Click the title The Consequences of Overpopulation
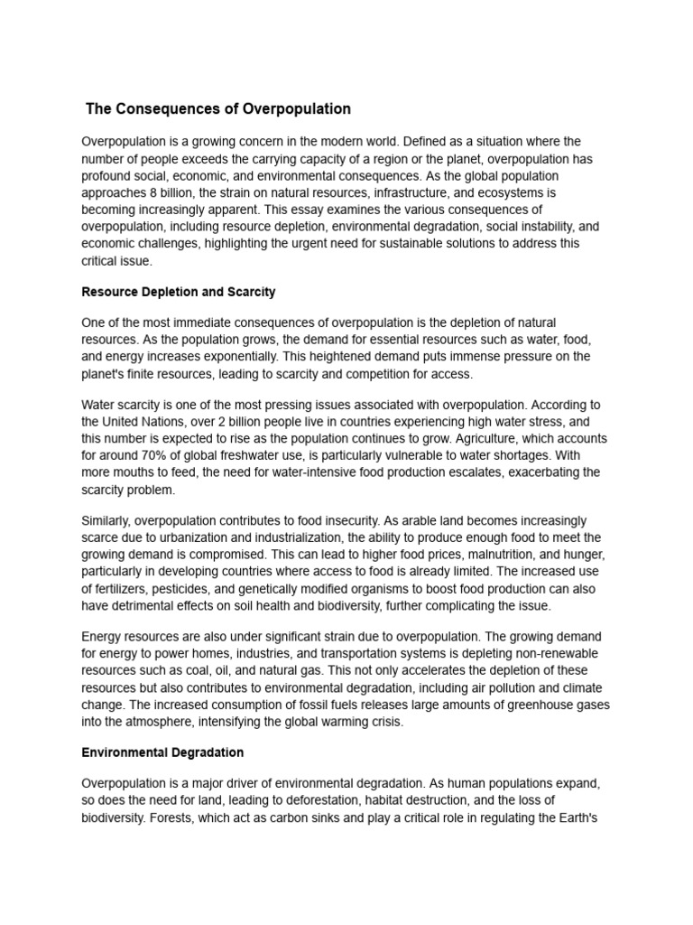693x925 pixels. click(x=217, y=109)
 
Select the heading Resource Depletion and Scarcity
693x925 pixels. click(x=178, y=292)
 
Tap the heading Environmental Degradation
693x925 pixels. click(x=162, y=752)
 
